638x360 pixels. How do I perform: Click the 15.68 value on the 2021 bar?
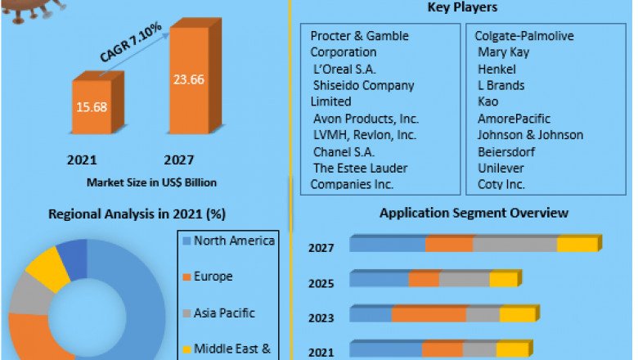click(92, 107)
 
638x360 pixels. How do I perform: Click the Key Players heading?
click(462, 8)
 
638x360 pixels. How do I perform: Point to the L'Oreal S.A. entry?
click(344, 69)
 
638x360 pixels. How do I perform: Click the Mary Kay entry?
click(503, 52)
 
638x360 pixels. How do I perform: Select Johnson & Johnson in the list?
click(530, 135)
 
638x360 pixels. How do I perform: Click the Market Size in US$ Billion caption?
click(151, 182)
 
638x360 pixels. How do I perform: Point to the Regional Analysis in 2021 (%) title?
click(137, 214)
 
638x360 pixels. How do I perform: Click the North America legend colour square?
click(186, 241)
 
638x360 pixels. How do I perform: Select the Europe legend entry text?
click(213, 277)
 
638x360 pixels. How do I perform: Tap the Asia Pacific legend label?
click(224, 313)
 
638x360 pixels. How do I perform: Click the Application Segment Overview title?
click(474, 214)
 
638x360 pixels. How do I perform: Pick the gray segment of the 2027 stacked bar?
click(514, 245)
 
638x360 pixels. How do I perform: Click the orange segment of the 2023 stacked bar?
click(429, 315)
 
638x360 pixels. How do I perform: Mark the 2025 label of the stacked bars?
click(321, 283)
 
